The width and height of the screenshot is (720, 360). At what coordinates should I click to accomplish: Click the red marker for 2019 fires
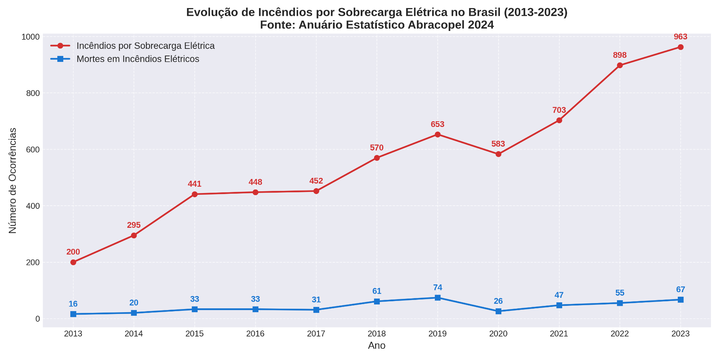(x=438, y=134)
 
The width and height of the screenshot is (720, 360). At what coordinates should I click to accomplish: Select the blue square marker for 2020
(x=499, y=311)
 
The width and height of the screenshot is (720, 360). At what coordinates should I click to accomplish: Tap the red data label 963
(x=680, y=37)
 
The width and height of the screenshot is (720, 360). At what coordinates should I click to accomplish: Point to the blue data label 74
(x=438, y=288)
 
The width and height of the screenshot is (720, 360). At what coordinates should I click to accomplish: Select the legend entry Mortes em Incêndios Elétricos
(x=137, y=59)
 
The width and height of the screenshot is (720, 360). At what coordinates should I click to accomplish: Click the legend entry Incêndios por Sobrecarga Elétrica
(x=145, y=46)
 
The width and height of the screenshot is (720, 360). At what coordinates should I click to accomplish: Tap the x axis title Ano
(x=377, y=346)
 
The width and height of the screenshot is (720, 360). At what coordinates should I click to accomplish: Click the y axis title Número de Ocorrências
(x=13, y=180)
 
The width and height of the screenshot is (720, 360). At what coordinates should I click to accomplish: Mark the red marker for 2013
(x=73, y=262)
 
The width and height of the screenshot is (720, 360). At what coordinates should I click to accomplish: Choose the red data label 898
(x=619, y=55)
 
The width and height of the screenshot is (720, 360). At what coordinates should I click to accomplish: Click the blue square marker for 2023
(x=681, y=300)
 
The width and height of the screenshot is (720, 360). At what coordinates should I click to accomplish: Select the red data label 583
(x=498, y=144)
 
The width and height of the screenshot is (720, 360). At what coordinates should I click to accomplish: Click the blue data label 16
(x=73, y=304)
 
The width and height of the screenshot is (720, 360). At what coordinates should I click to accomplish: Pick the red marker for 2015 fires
(x=195, y=194)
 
